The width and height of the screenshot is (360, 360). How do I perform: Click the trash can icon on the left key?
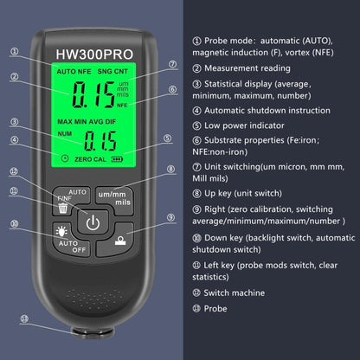pos(63,209)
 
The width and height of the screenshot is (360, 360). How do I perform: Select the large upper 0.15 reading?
pos(95,93)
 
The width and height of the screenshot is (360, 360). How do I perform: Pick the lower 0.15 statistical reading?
pos(100,142)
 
